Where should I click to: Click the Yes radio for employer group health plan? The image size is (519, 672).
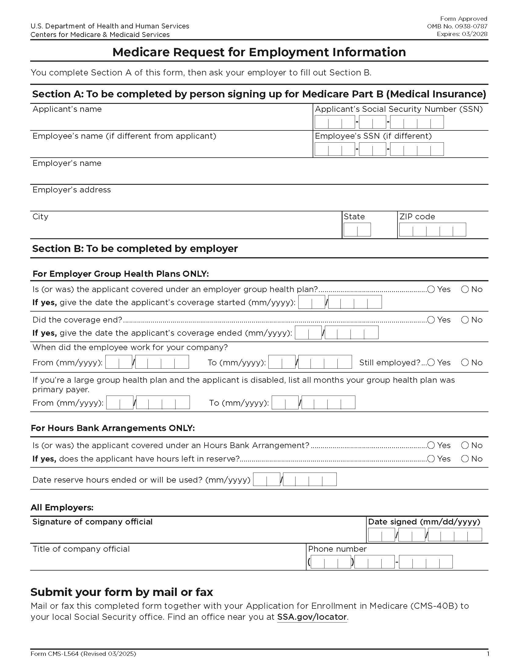(x=431, y=289)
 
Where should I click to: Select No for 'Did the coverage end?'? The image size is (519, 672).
(x=465, y=320)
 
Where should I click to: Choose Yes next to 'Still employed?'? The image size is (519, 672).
(x=431, y=363)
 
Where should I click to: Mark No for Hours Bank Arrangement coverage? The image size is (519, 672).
(x=465, y=445)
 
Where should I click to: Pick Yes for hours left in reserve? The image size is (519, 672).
(x=431, y=459)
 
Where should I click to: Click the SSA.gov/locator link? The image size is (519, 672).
(x=312, y=617)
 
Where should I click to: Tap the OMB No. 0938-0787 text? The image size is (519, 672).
(x=457, y=27)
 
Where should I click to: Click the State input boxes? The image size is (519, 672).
(x=357, y=229)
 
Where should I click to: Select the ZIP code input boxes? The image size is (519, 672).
(x=432, y=229)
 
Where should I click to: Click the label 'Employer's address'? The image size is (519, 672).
(x=71, y=190)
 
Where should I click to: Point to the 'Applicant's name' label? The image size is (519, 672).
(x=67, y=109)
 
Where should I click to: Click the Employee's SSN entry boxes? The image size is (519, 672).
(x=379, y=149)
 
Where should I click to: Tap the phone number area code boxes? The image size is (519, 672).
(x=331, y=562)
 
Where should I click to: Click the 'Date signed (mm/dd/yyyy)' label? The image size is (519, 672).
(x=424, y=522)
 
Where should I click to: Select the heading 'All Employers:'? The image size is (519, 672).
(x=62, y=507)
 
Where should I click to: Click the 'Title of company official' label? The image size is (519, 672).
(x=81, y=549)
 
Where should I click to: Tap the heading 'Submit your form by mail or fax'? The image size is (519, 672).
(x=122, y=592)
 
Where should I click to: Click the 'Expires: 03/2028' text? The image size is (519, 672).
(x=462, y=34)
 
